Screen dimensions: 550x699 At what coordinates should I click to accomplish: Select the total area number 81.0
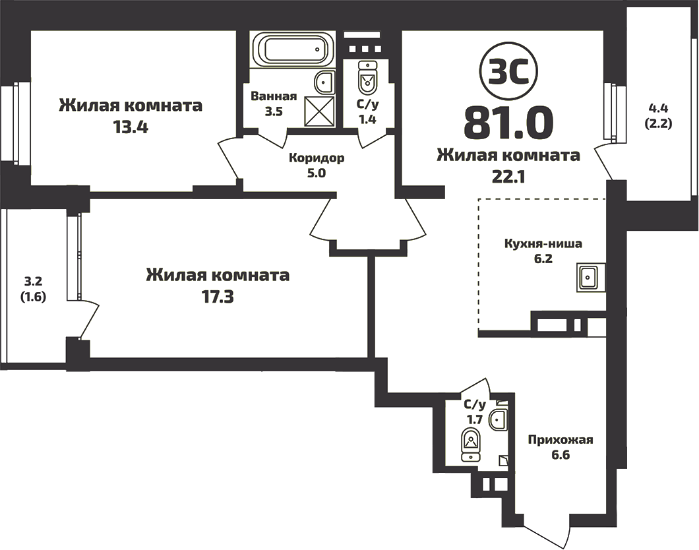tap(508, 121)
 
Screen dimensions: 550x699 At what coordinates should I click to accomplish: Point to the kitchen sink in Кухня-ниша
tap(588, 277)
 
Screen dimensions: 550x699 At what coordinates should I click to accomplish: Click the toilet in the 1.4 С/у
tap(367, 80)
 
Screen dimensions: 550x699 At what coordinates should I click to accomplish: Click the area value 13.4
tap(130, 127)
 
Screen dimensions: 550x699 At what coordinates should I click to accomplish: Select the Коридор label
tap(317, 159)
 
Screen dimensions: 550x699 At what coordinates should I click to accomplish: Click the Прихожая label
tap(561, 440)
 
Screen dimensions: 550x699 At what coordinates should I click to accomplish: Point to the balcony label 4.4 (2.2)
tap(659, 114)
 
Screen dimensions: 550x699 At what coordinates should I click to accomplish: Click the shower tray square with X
tap(320, 110)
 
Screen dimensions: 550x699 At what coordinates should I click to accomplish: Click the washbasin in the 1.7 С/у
tap(499, 418)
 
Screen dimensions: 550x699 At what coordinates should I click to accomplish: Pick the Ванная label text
tap(273, 96)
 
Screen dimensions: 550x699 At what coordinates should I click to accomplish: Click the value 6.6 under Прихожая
tap(561, 456)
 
